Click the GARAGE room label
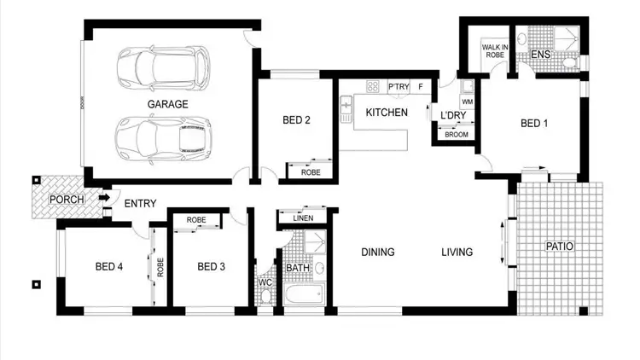167,104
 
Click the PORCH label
66,200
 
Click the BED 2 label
295,120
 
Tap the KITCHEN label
387,113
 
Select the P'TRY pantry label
398,86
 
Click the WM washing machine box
468,102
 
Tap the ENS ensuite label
540,55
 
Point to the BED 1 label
534,124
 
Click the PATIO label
560,247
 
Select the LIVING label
457,252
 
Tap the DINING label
377,252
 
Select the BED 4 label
109,266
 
